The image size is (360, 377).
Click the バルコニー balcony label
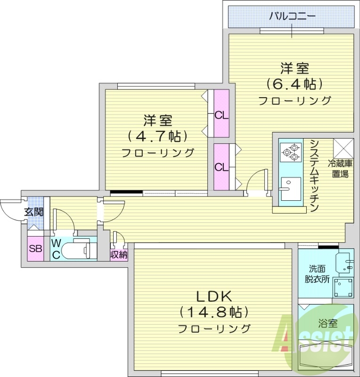pos(291,17)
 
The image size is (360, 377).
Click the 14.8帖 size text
pos(213,312)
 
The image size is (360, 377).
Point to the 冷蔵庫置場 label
pos(342,169)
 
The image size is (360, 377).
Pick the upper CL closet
pos(221,115)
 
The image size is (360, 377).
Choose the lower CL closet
pos(221,167)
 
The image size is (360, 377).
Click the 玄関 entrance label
pos(34,212)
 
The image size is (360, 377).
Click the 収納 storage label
pos(119,254)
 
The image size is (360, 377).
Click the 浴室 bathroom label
pos(327,324)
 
